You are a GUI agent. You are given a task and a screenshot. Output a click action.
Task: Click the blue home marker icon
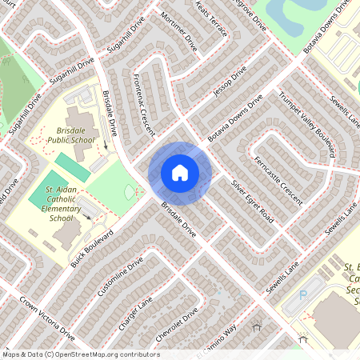(x=179, y=173)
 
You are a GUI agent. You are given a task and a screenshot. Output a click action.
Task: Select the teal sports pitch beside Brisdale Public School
(x=73, y=167)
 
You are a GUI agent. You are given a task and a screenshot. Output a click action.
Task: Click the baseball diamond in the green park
(x=133, y=193)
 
